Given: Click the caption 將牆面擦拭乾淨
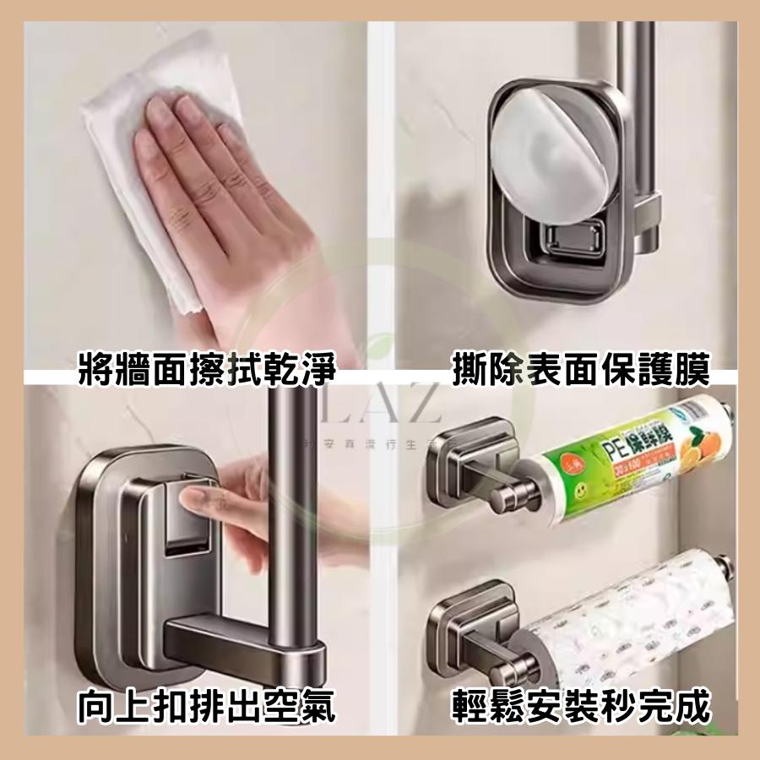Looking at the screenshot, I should pyautogui.click(x=206, y=369).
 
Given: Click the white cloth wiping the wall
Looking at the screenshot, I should pyautogui.click(x=152, y=169).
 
